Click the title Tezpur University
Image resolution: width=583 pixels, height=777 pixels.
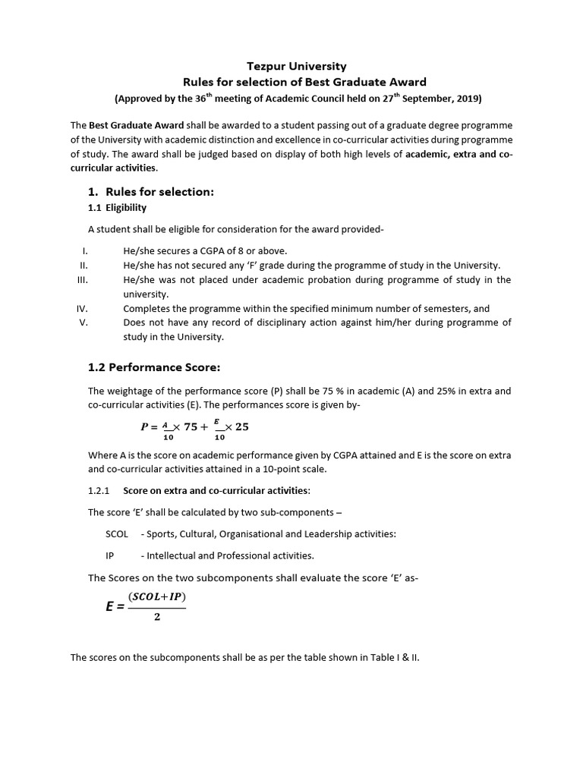click(291, 67)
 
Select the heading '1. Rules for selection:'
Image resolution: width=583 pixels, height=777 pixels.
click(152, 192)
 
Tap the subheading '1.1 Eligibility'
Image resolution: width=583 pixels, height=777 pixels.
click(118, 207)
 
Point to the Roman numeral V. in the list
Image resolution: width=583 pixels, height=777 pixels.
click(84, 322)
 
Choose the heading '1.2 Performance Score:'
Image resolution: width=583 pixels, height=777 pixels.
click(154, 367)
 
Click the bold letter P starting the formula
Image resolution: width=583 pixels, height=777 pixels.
click(145, 426)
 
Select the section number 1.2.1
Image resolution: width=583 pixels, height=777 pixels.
click(99, 491)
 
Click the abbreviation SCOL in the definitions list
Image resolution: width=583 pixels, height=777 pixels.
click(118, 534)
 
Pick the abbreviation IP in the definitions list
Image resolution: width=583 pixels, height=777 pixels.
click(110, 555)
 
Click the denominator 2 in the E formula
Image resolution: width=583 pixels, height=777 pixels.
click(157, 617)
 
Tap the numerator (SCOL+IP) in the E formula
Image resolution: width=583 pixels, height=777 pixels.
click(157, 597)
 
